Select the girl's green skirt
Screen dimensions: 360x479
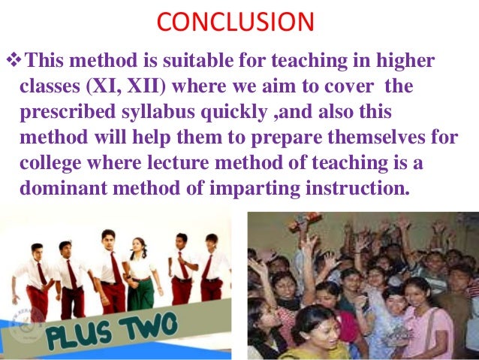coord(140,293)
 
